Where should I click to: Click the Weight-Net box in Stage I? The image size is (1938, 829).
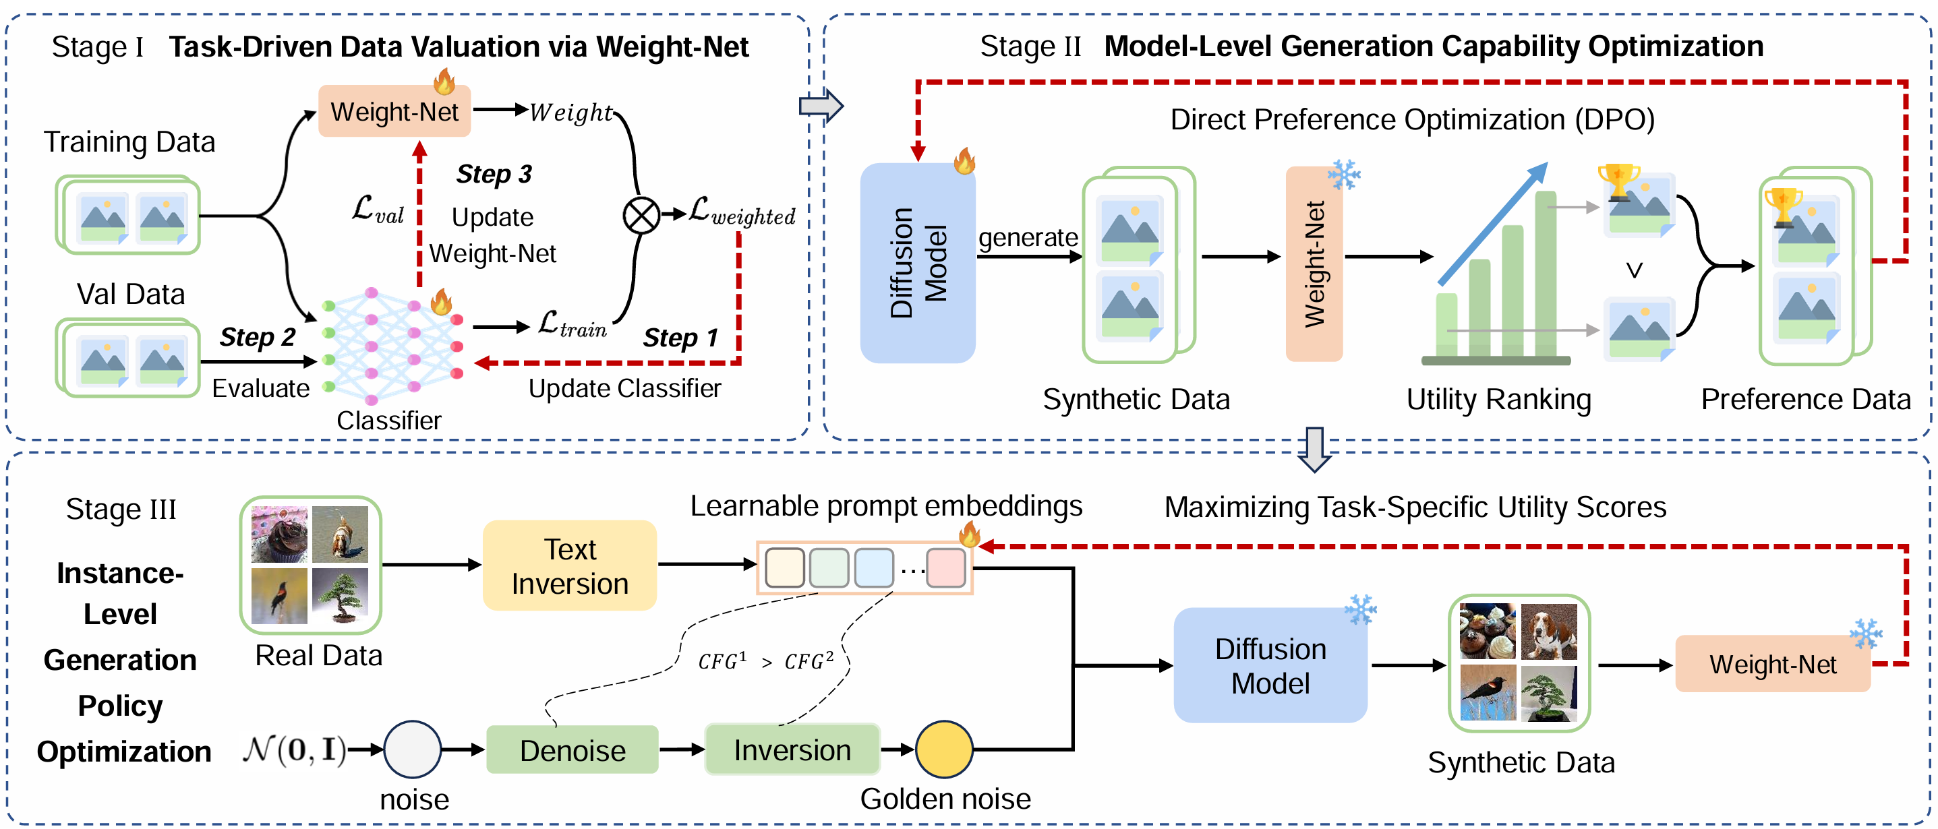[394, 111]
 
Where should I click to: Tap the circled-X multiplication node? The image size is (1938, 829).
[641, 215]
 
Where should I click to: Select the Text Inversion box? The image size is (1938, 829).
[570, 565]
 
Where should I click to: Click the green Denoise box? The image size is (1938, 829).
[572, 749]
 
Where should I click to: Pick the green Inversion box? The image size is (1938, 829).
[792, 749]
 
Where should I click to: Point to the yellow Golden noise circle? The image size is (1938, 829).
[944, 749]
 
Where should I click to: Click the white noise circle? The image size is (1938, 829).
[412, 749]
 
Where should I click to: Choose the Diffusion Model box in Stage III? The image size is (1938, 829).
[1270, 666]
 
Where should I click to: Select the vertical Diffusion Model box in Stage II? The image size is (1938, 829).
[918, 263]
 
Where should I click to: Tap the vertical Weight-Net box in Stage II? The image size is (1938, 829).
[1314, 264]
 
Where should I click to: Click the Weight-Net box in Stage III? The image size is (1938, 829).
[1773, 665]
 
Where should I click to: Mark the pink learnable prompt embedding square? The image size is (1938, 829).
[945, 568]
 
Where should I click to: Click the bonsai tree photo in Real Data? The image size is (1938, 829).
[340, 596]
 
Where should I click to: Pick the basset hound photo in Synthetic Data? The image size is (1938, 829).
[1549, 631]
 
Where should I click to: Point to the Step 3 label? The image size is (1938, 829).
[494, 174]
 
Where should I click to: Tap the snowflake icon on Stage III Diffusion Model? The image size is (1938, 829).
[1360, 609]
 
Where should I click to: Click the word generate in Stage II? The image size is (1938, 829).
[1028, 238]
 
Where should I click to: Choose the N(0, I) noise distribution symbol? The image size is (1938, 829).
[294, 749]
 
